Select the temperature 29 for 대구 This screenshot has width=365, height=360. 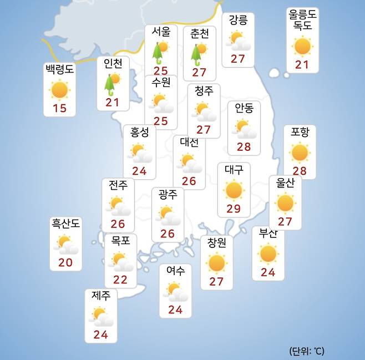(x=234, y=209)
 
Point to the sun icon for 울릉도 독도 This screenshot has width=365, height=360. (x=303, y=46)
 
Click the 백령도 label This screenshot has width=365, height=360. (x=59, y=70)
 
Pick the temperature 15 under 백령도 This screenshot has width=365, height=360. (x=59, y=108)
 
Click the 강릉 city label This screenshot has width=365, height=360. (x=238, y=21)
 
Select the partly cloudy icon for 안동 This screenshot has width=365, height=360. (x=244, y=129)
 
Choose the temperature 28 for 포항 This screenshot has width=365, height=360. (x=300, y=170)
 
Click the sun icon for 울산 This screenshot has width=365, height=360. (x=285, y=203)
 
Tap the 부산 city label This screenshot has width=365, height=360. (x=268, y=233)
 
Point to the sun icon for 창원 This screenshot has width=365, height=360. (x=216, y=262)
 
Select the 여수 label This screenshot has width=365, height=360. (x=175, y=271)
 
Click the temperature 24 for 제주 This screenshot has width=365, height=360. (x=101, y=334)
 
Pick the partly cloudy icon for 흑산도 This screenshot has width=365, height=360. (x=66, y=244)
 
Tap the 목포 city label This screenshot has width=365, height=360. (x=120, y=241)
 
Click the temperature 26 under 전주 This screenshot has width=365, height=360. (x=118, y=224)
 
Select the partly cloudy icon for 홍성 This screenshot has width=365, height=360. (x=140, y=152)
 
